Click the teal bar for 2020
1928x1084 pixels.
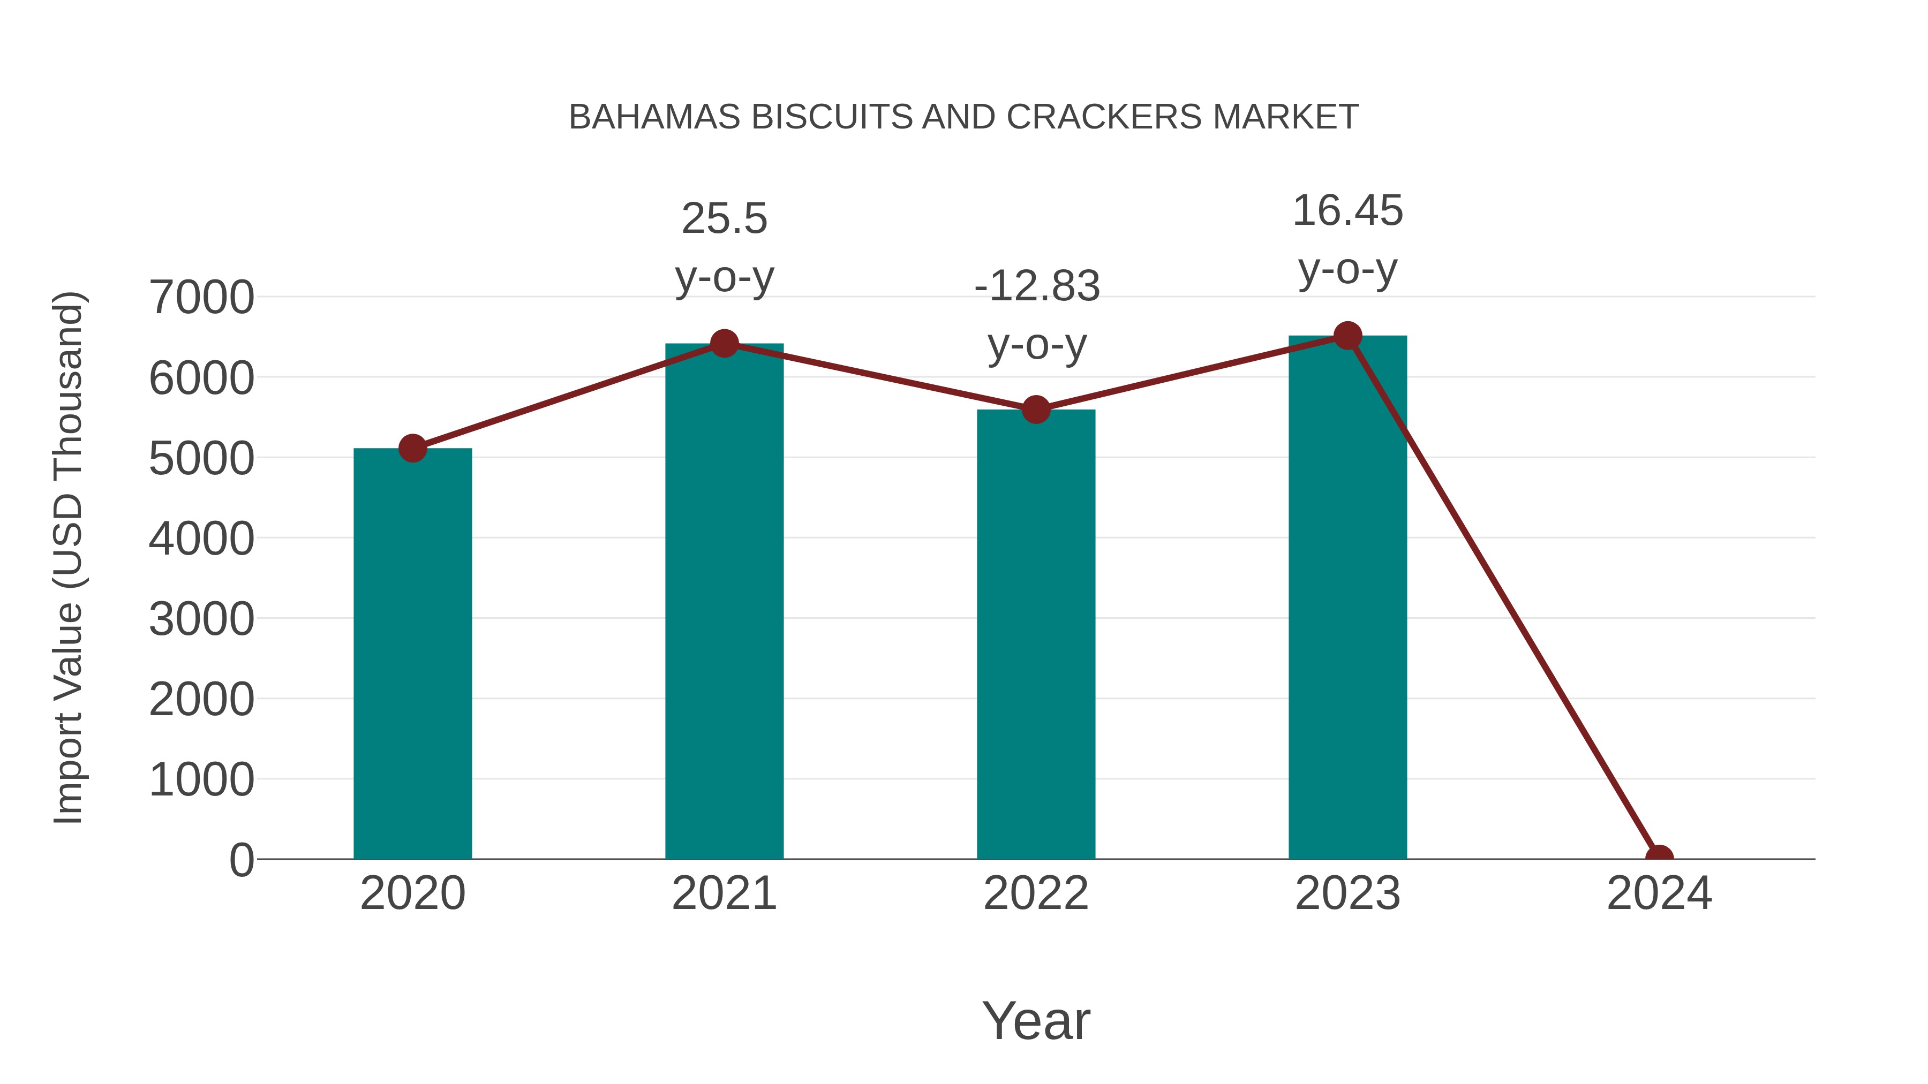412,655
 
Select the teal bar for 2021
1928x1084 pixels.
724,602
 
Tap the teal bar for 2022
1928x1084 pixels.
1036,636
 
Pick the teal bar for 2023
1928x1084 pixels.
1347,598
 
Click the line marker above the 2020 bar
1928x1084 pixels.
412,449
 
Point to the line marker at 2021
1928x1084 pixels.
724,344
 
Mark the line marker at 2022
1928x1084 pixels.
1036,410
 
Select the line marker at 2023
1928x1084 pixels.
1347,336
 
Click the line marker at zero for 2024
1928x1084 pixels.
1659,858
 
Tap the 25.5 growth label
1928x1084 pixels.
724,219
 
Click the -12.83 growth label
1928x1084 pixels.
1037,286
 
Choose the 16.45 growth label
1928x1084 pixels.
1347,211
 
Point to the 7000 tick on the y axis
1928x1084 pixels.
201,298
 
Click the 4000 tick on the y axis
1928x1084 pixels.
201,539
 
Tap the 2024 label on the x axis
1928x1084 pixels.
1659,893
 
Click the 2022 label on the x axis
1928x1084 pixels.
1036,893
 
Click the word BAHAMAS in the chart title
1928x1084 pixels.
654,117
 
